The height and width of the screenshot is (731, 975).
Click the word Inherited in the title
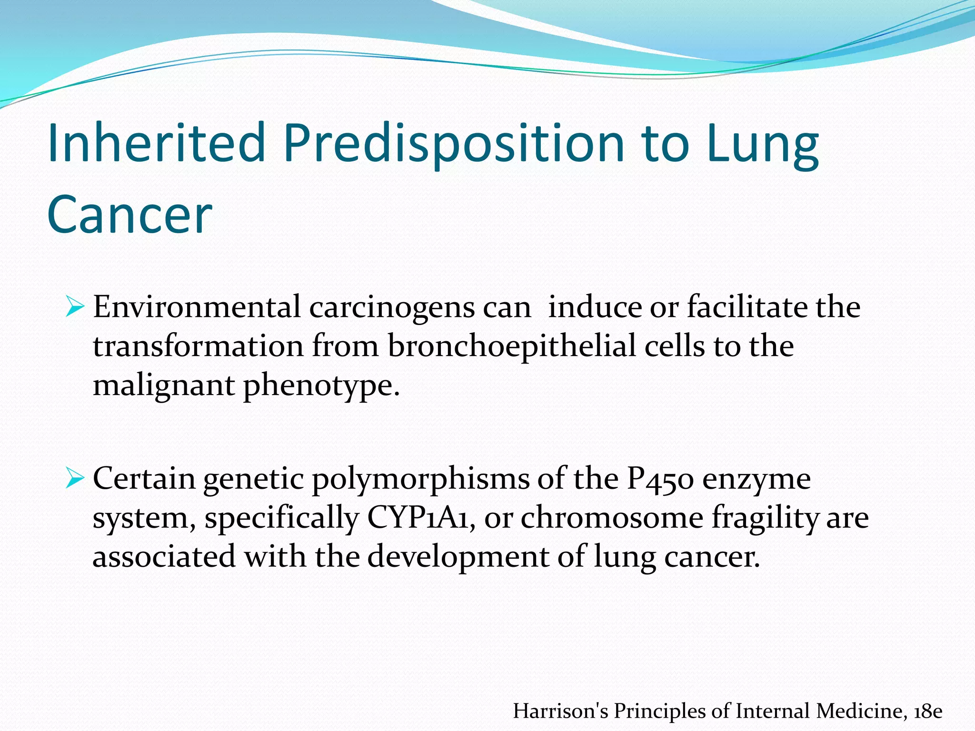click(x=156, y=143)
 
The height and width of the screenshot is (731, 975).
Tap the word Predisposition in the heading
click(x=453, y=143)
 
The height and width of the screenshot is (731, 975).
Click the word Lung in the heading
click(x=762, y=143)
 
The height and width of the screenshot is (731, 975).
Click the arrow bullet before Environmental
click(x=75, y=307)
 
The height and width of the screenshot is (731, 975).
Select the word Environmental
click(x=197, y=307)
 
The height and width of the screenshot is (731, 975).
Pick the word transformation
click(x=198, y=346)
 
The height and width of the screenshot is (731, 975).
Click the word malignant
click(x=163, y=385)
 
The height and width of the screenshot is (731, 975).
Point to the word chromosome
click(x=612, y=517)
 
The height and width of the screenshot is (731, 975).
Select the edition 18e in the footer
click(x=928, y=711)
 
